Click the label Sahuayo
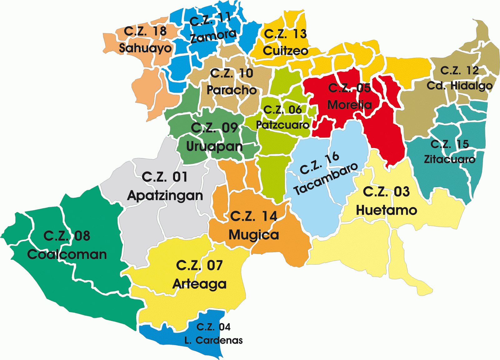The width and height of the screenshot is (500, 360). (145, 48)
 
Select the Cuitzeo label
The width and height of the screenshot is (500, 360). (286, 51)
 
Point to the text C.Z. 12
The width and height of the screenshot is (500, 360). (459, 70)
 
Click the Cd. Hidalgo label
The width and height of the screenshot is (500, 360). (459, 85)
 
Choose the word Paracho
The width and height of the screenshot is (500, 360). (232, 90)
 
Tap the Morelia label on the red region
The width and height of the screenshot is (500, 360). (349, 105)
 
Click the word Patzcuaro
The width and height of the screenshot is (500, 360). (282, 125)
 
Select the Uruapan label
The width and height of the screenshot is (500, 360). (214, 146)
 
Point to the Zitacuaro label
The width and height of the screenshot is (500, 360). (449, 159)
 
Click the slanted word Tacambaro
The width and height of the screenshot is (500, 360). (326, 179)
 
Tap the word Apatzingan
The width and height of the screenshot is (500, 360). (165, 196)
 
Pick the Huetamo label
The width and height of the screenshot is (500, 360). (387, 210)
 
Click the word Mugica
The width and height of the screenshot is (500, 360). (254, 235)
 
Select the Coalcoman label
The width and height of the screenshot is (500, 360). (67, 254)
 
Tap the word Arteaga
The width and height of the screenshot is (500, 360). (199, 284)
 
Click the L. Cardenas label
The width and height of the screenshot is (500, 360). (213, 340)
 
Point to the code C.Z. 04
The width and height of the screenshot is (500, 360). (213, 327)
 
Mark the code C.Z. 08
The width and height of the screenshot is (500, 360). (67, 236)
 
